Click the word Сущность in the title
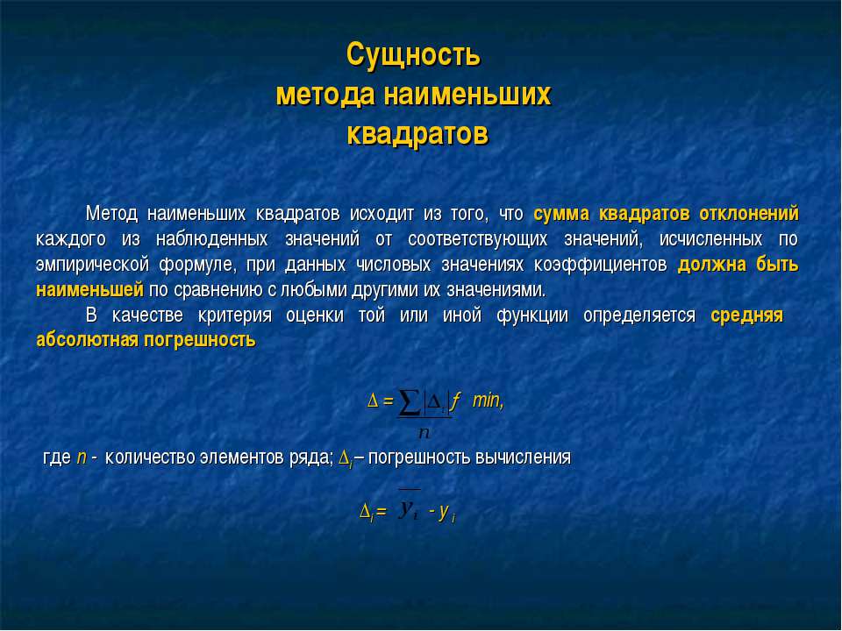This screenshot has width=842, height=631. coord(412,55)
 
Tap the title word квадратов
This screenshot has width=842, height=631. coord(417,134)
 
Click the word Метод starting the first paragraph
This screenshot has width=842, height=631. coord(111,214)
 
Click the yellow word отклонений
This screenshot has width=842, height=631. coord(748,214)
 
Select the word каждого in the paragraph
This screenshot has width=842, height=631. coord(71,239)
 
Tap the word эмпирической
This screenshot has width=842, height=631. coord(92,265)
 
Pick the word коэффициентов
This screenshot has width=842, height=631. coord(600,265)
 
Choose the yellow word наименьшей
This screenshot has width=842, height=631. coord(89,290)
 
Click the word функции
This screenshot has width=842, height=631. coord(532,315)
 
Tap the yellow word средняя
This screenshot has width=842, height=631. coord(747,315)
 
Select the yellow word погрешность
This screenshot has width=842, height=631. coord(199,340)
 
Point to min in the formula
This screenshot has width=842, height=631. coord(488,400)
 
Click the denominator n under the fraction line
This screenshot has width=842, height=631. coord(425,432)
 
